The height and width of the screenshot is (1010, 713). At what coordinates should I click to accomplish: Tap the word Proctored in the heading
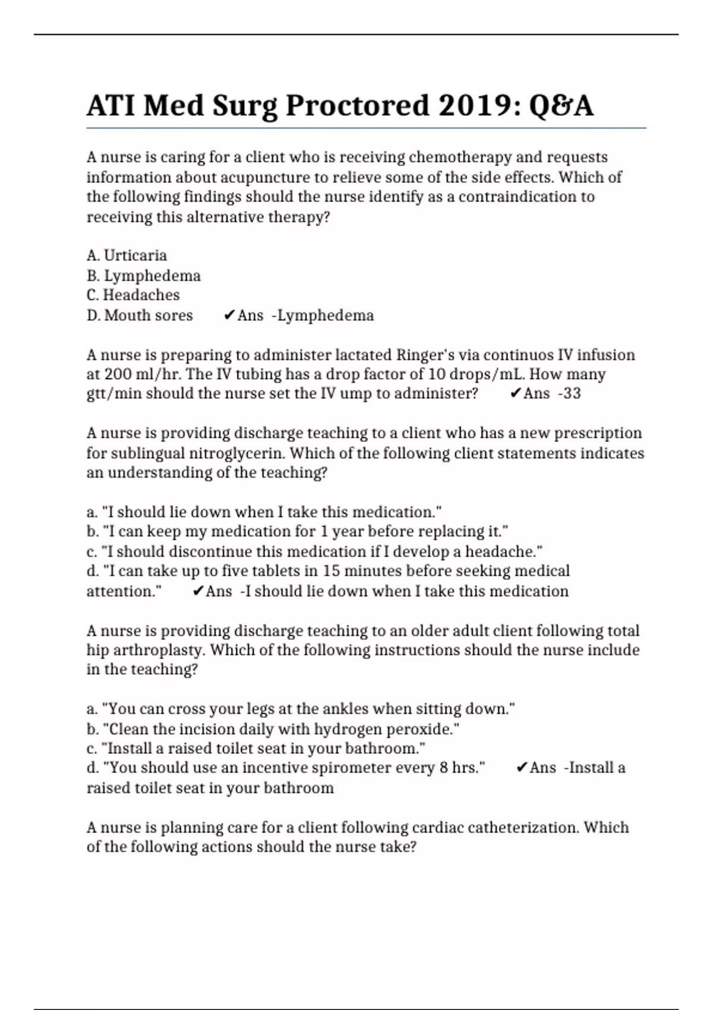[x=357, y=106]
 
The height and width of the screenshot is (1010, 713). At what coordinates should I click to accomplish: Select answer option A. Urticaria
[x=127, y=255]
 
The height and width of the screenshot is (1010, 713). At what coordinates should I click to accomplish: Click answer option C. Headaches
[x=133, y=295]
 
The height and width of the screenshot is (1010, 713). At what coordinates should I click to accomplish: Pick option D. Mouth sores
[x=140, y=315]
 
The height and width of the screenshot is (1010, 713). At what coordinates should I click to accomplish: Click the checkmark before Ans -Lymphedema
[x=229, y=315]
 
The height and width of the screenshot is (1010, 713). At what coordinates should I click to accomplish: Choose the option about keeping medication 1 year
[x=297, y=531]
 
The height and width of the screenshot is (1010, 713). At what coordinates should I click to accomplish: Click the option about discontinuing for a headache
[x=314, y=551]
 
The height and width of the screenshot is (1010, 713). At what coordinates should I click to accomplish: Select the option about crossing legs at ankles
[x=301, y=709]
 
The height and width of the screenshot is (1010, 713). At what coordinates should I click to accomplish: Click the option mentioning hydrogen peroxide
[x=273, y=729]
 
